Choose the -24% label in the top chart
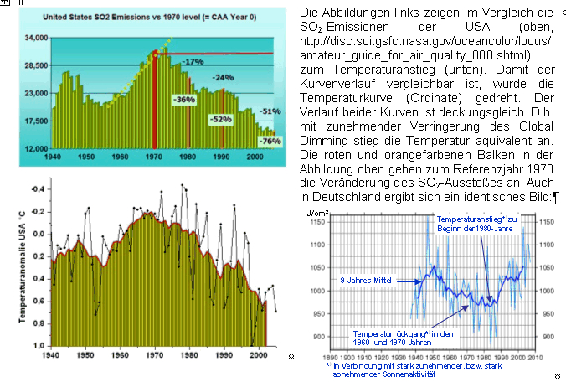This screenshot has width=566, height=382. (x=222, y=77)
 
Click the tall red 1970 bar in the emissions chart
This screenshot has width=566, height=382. (x=155, y=100)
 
